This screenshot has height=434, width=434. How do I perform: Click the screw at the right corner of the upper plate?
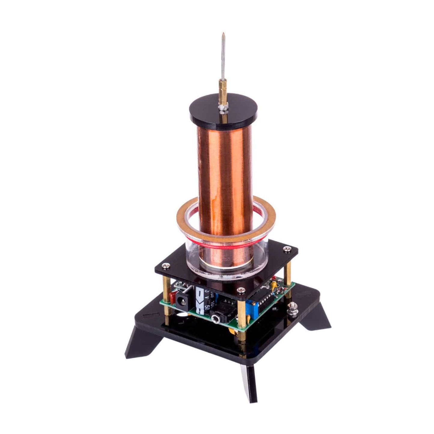pos(289,249)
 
